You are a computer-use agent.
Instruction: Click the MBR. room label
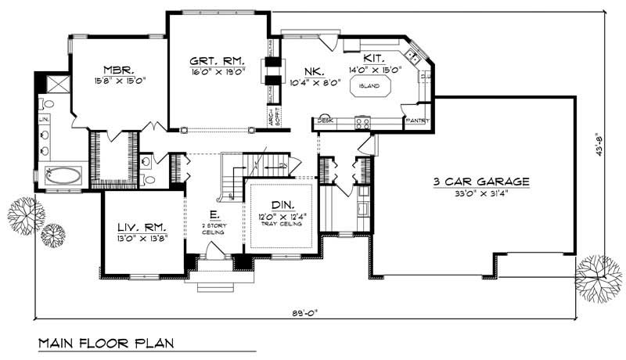point(119,68)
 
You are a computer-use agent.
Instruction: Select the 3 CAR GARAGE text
point(481,182)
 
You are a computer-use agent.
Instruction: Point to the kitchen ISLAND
point(369,86)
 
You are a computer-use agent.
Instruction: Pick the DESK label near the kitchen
point(324,121)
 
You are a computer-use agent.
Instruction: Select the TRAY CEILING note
point(281,224)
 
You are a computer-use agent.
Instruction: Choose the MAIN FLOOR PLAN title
point(105,344)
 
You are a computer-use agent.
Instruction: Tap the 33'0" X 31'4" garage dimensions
point(481,193)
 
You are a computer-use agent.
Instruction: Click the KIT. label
point(373,59)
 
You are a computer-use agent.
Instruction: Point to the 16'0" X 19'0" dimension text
point(217,70)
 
